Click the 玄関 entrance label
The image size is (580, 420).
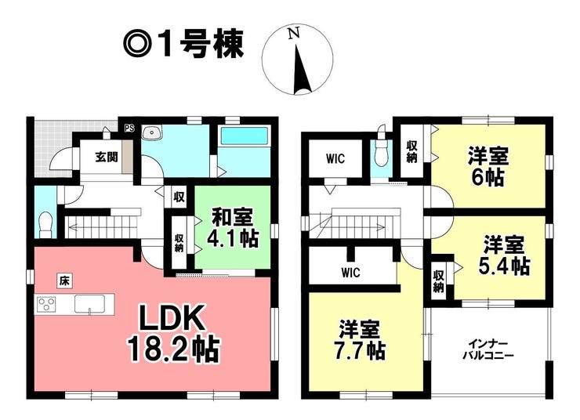click(107, 157)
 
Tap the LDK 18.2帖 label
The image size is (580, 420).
click(174, 334)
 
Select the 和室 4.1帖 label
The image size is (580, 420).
click(232, 228)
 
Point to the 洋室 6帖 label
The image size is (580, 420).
click(488, 167)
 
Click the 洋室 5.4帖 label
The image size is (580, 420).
click(504, 255)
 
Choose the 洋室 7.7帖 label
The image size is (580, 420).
click(360, 340)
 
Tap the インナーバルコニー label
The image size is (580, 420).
click(488, 349)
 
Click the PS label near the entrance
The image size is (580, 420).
click(129, 129)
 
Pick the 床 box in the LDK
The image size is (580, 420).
click(64, 281)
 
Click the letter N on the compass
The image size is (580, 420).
click(295, 34)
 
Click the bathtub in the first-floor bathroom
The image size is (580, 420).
click(244, 136)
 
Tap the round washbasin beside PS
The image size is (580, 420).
click(151, 132)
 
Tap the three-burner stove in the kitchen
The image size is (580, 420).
click(46, 305)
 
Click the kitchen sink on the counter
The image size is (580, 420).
click(89, 305)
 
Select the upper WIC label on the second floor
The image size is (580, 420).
click(335, 158)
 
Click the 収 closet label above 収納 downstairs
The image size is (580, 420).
click(179, 197)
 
